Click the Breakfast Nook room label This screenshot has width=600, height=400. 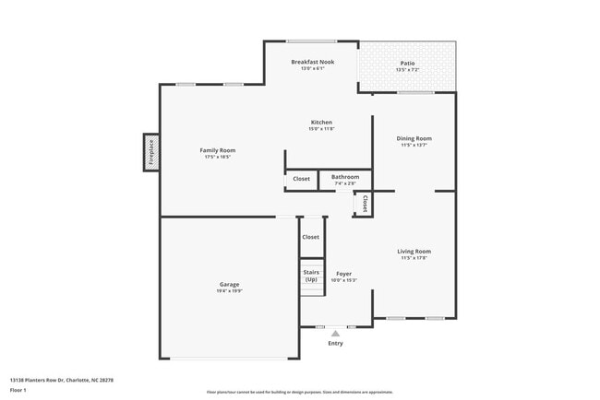(313, 62)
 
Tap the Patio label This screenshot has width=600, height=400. (407, 62)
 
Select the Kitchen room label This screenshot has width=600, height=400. (321, 123)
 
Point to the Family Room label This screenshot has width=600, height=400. (218, 150)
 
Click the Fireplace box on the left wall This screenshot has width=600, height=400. (151, 152)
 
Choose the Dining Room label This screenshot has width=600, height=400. (414, 138)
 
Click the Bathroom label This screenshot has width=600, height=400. (345, 177)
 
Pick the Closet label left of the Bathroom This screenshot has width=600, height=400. (301, 179)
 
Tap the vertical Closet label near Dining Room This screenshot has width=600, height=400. (366, 204)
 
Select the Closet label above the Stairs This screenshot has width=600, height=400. (311, 238)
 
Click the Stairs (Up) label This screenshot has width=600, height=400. (311, 276)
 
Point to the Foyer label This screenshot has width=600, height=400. (344, 274)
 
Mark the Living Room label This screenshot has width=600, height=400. (414, 251)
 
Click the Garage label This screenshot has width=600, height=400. (229, 284)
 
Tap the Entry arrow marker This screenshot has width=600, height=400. (335, 334)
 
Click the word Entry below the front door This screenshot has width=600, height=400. (335, 344)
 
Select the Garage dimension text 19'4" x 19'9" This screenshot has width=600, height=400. (229, 291)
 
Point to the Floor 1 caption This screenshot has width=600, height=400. (18, 390)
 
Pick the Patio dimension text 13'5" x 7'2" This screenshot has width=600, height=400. (407, 70)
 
